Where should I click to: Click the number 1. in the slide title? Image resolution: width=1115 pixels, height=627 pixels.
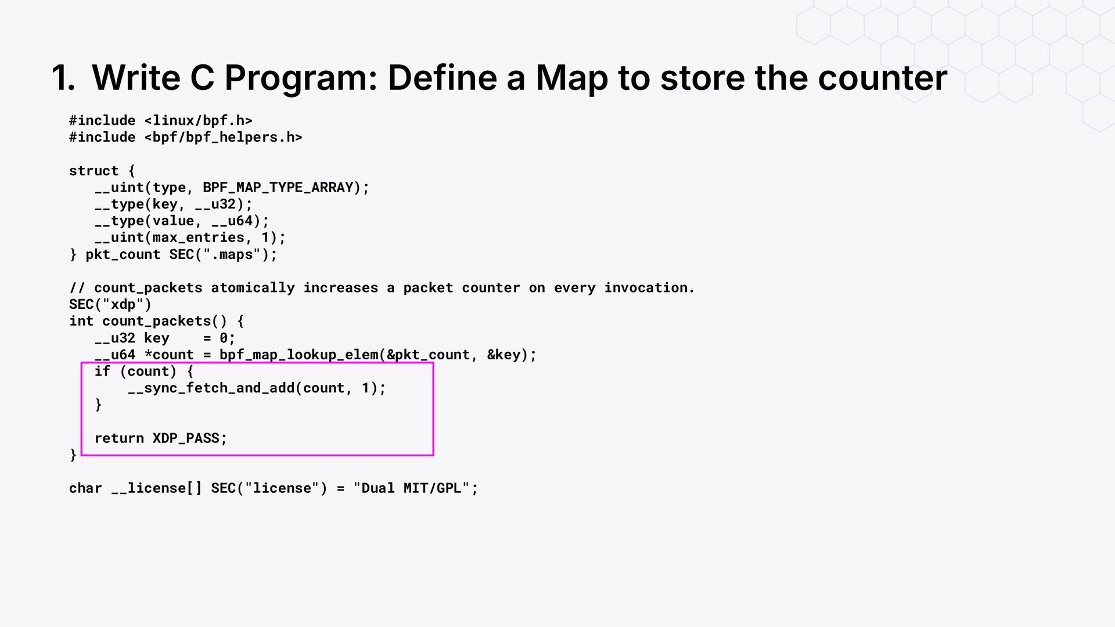(63, 78)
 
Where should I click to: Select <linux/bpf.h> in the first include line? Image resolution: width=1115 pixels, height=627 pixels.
(198, 121)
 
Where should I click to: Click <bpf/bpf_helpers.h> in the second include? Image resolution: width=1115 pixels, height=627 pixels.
(223, 138)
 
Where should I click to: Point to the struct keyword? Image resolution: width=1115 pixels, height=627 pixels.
(93, 171)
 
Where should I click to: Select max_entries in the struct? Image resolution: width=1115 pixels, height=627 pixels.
(198, 238)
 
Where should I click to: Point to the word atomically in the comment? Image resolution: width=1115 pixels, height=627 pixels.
(253, 288)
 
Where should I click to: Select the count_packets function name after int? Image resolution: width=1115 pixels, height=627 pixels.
(156, 322)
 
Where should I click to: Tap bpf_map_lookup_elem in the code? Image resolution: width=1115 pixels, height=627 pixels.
(298, 355)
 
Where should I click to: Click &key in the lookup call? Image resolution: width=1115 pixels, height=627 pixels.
(503, 355)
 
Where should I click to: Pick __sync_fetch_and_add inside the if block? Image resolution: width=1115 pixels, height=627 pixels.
(211, 388)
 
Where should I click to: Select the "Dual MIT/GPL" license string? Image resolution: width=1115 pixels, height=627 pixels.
(411, 488)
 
